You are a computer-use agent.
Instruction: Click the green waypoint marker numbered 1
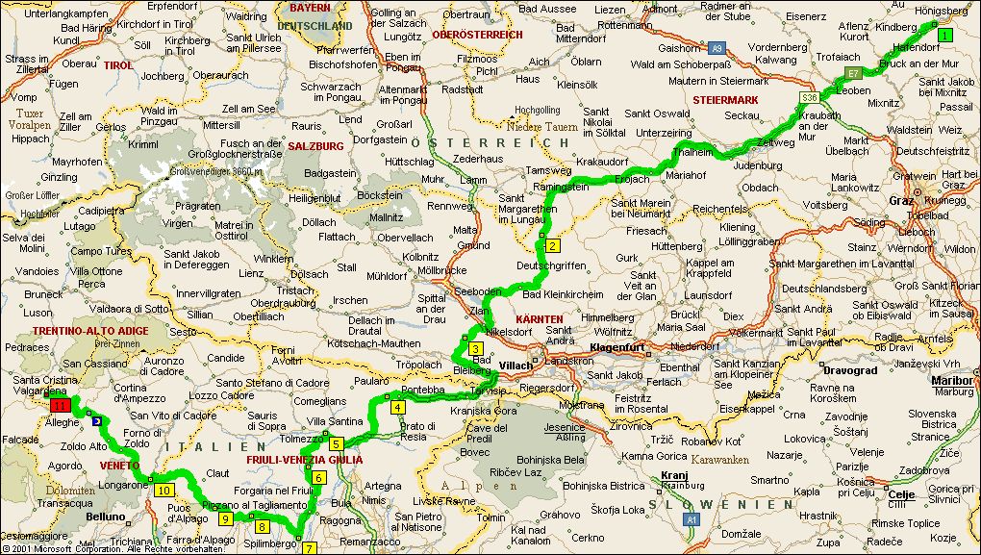[944, 36]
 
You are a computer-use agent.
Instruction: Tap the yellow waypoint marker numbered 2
[553, 245]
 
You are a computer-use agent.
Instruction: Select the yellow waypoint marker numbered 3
[475, 348]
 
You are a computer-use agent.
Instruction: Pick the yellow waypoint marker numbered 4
[396, 407]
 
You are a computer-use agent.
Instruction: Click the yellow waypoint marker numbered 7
[309, 548]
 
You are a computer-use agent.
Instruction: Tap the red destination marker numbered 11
[58, 407]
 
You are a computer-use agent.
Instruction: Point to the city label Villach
[516, 366]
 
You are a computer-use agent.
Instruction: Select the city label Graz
[900, 201]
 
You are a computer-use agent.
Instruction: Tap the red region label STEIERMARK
[725, 99]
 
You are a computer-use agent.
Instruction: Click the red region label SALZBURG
[314, 146]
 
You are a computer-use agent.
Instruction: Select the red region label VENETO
[120, 465]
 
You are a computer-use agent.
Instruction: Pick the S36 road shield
[809, 97]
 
